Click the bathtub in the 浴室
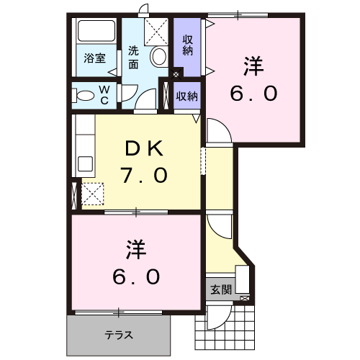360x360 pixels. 96,33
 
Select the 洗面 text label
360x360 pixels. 134,58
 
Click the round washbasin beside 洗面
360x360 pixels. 159,56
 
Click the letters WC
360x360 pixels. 104,94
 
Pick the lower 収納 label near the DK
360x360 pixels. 187,96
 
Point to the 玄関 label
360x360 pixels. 221,290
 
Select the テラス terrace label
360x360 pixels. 120,334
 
